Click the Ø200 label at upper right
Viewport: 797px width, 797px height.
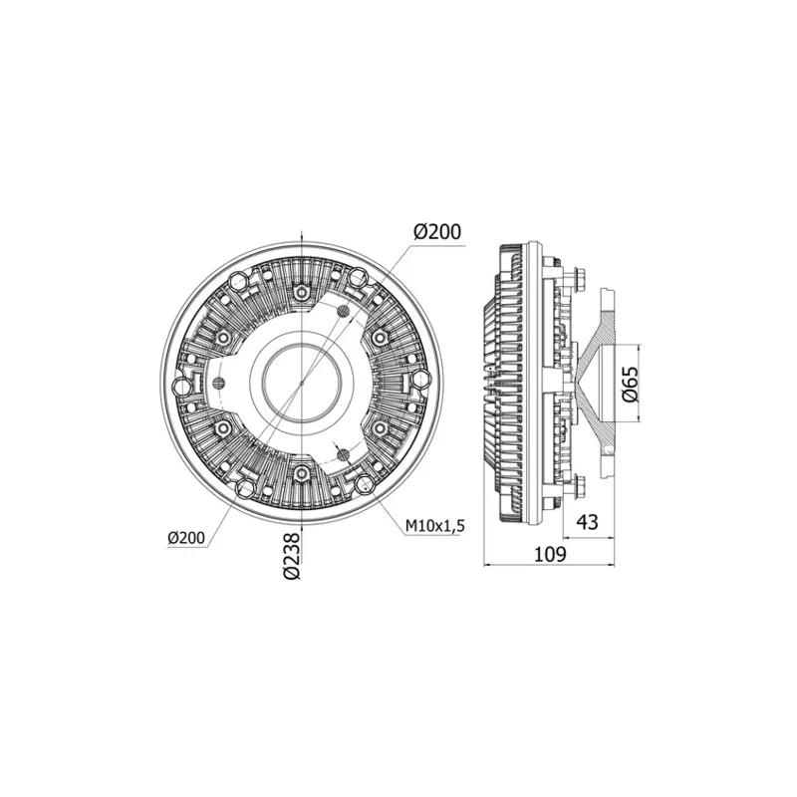click(436, 231)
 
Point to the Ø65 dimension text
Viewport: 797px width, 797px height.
click(629, 382)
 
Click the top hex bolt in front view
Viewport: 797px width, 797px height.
click(301, 292)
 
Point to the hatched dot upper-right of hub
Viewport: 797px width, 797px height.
click(344, 313)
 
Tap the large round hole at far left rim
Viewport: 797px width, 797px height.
click(181, 385)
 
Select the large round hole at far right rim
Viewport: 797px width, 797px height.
click(420, 381)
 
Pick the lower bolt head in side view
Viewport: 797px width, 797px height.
click(579, 489)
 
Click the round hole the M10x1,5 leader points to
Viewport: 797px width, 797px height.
click(364, 485)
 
